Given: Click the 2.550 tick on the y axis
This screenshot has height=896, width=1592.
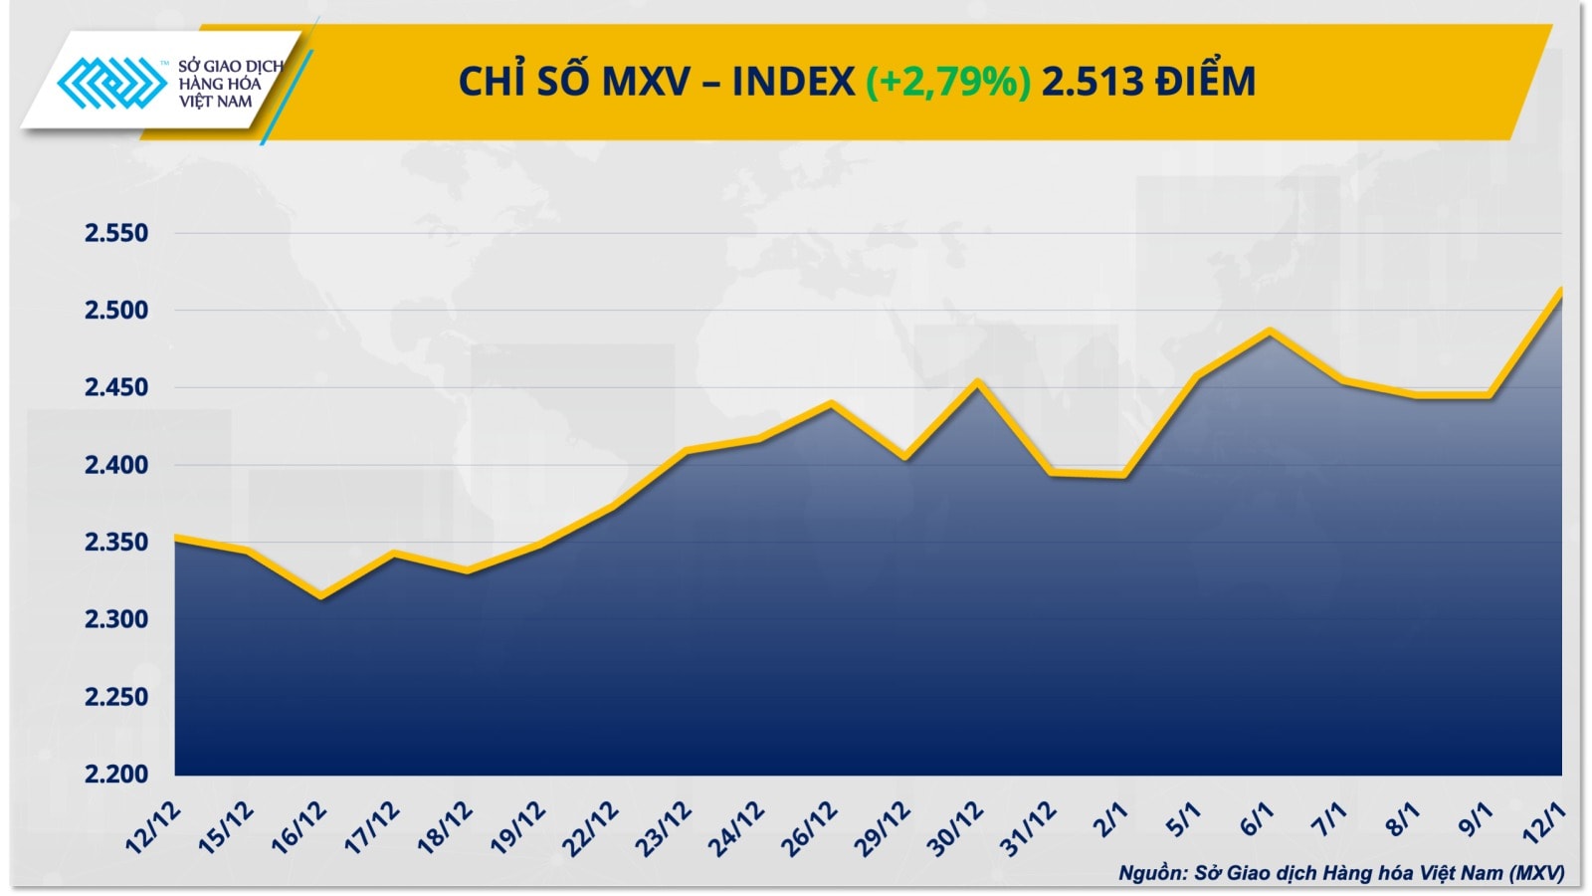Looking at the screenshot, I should click(115, 233).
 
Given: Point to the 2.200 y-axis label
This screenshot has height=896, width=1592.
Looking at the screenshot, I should click(115, 774).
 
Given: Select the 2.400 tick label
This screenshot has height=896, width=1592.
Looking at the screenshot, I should click(115, 465).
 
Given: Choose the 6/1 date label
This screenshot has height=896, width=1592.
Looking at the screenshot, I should click(1256, 819).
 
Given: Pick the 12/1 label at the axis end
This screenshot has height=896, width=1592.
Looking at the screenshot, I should click(1545, 823).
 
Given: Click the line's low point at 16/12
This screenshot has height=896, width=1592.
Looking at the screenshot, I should click(320, 596).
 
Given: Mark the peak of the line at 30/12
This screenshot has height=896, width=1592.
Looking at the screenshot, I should click(978, 381).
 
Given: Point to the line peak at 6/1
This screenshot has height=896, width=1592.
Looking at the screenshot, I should click(1270, 331).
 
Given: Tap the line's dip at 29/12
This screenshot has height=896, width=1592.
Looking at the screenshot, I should click(904, 457).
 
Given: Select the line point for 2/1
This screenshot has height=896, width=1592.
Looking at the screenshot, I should click(1123, 475).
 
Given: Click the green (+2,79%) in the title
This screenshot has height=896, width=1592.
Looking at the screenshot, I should click(947, 81).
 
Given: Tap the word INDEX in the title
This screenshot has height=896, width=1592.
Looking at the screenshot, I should click(793, 81).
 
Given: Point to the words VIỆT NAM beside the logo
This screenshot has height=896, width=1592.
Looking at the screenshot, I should click(216, 102).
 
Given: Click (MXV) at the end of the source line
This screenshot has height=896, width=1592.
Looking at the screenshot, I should click(1536, 873).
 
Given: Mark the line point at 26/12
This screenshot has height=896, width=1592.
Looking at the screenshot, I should click(832, 403).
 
